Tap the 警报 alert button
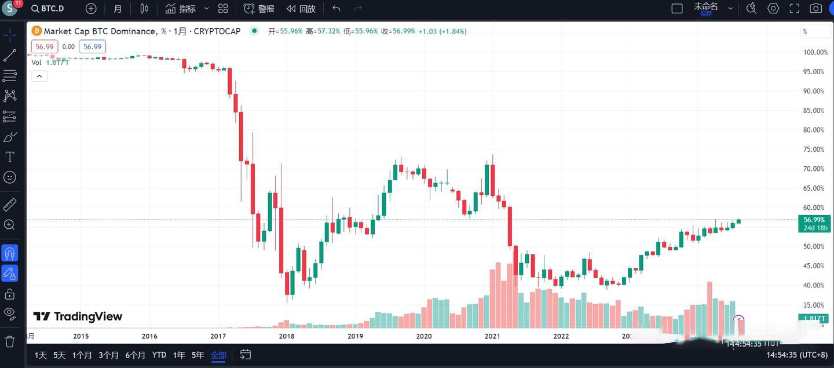259,9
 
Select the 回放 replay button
301,9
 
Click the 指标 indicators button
181,9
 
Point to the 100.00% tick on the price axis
815,52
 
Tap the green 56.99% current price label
814,220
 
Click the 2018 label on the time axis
287,336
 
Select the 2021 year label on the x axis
492,336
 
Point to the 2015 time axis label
81,336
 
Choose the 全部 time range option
218,355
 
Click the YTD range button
159,355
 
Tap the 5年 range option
197,355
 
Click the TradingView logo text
78,316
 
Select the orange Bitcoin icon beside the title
36,31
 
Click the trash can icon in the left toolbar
10,341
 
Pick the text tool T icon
10,157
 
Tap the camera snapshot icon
815,9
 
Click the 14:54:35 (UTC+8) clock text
796,355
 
